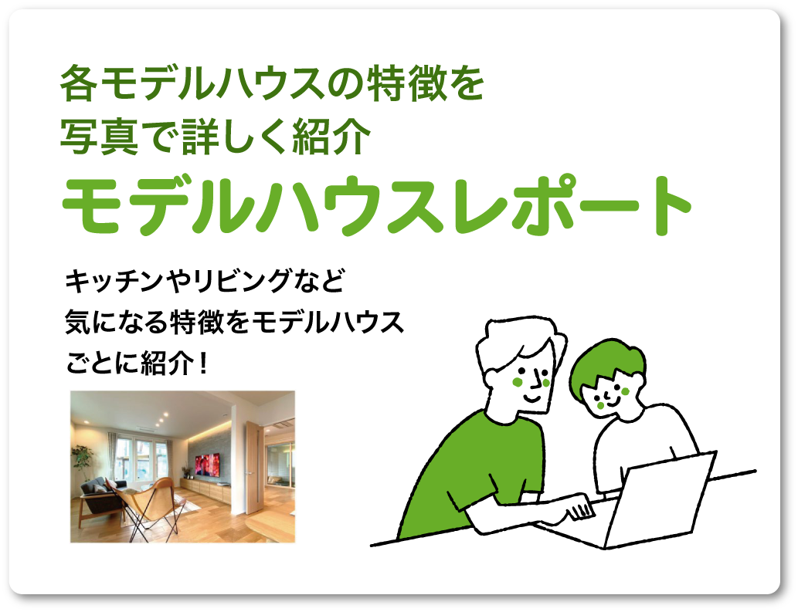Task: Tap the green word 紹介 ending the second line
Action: click(x=332, y=137)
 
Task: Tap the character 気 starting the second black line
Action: click(x=78, y=322)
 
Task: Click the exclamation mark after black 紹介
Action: click(x=204, y=363)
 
